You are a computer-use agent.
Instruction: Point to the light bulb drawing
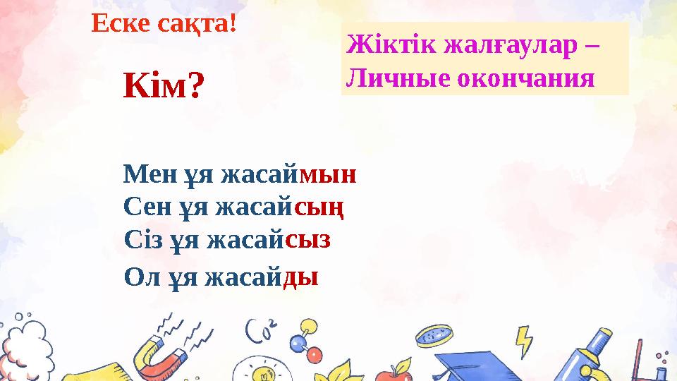pyautogui.click(x=260, y=370)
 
